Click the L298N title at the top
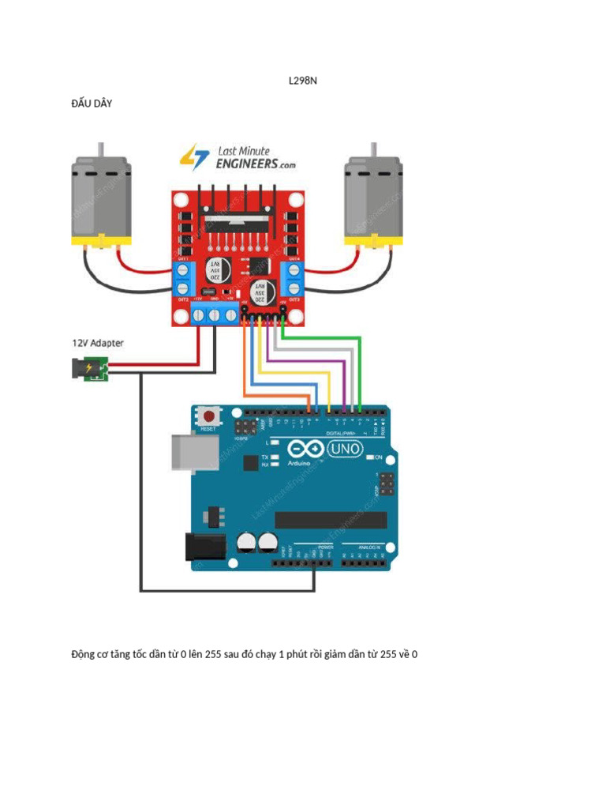(x=303, y=81)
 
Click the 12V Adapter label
(x=98, y=343)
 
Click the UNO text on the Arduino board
(x=345, y=449)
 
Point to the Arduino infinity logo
(x=309, y=450)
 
